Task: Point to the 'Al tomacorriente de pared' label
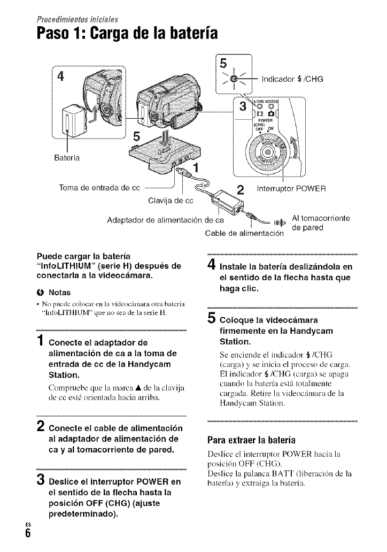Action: coord(320,223)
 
